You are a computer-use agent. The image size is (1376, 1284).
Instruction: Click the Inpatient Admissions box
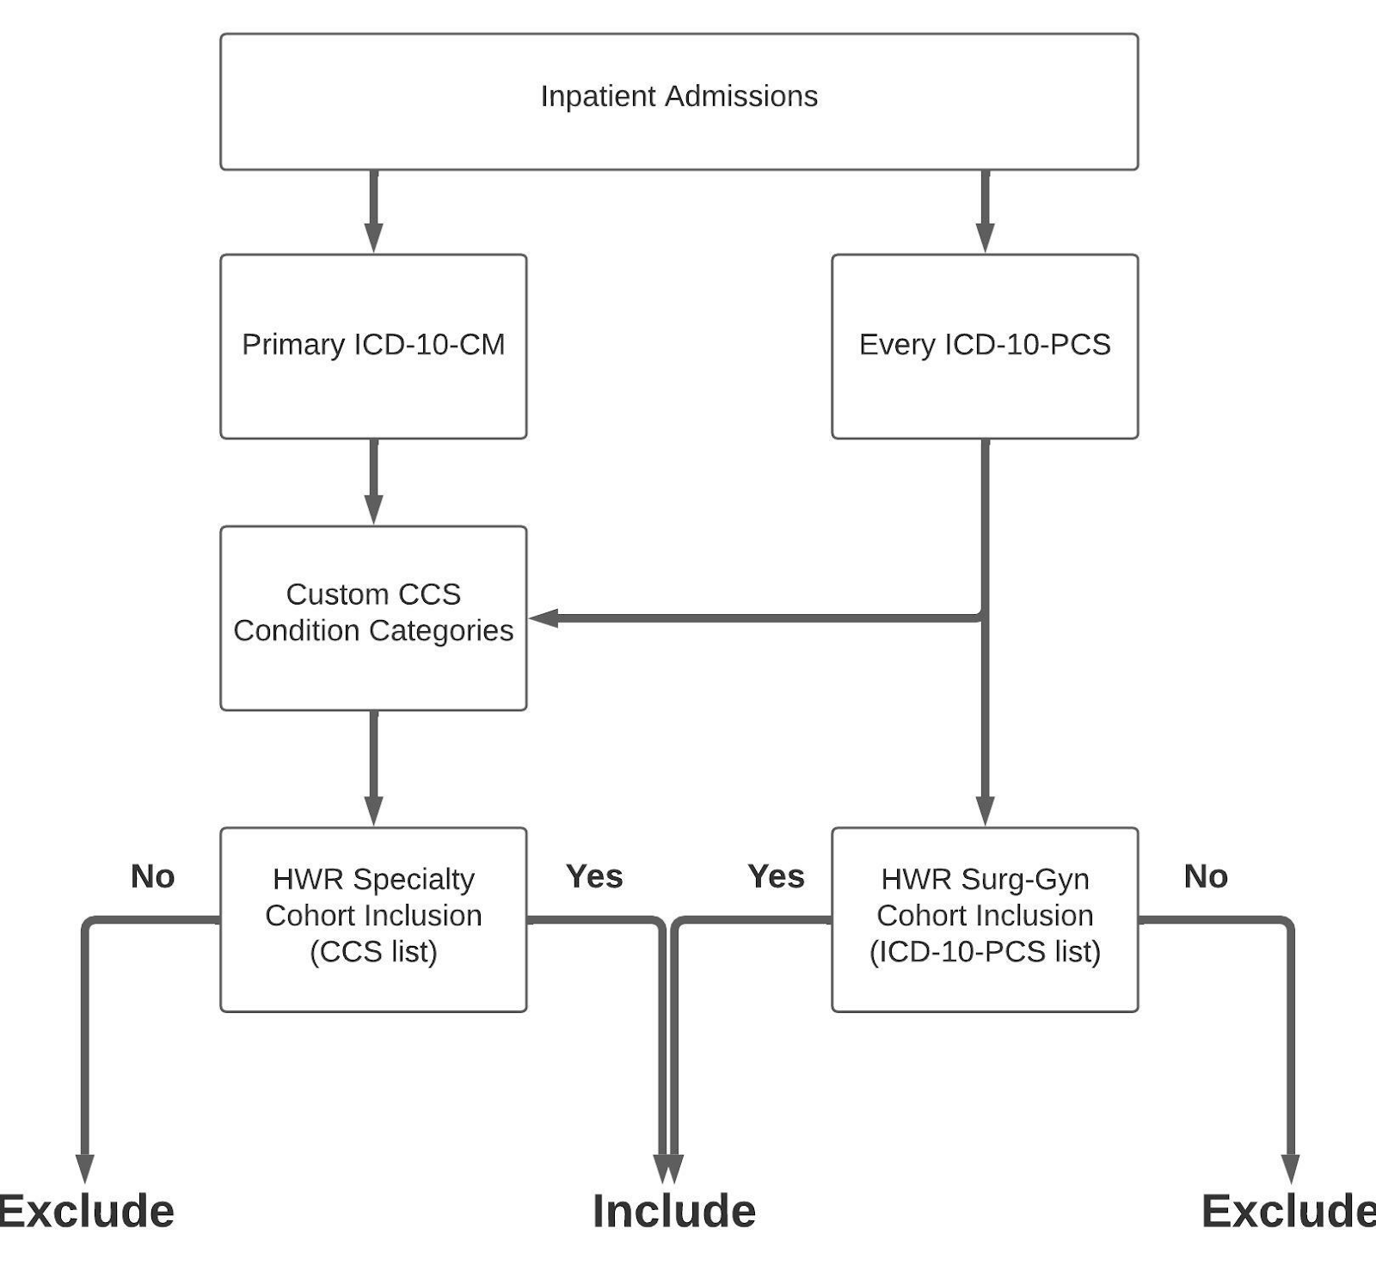pyautogui.click(x=679, y=101)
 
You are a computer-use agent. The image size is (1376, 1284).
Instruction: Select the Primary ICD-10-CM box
pyautogui.click(x=373, y=345)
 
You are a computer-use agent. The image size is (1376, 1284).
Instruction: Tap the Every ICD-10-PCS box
pyautogui.click(x=985, y=345)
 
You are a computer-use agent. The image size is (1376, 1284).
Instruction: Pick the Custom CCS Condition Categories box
pyautogui.click(x=373, y=617)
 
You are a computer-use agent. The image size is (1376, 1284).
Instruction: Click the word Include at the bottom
pyautogui.click(x=674, y=1211)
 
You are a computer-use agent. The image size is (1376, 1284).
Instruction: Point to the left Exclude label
pyautogui.click(x=86, y=1211)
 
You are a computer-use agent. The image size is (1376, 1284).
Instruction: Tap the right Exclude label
pyautogui.click(x=1287, y=1211)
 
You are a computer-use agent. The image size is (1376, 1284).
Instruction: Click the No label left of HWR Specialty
pyautogui.click(x=153, y=876)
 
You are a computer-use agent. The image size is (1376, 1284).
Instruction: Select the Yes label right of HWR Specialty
pyautogui.click(x=594, y=876)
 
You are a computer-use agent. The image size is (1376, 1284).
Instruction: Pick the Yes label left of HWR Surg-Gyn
pyautogui.click(x=776, y=876)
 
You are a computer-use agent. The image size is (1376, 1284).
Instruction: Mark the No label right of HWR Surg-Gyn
pyautogui.click(x=1206, y=876)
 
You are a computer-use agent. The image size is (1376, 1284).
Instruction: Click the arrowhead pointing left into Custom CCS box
pyautogui.click(x=544, y=617)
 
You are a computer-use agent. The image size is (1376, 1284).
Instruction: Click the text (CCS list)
pyautogui.click(x=373, y=952)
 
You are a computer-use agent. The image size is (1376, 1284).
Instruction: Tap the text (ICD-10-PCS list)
pyautogui.click(x=985, y=952)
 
